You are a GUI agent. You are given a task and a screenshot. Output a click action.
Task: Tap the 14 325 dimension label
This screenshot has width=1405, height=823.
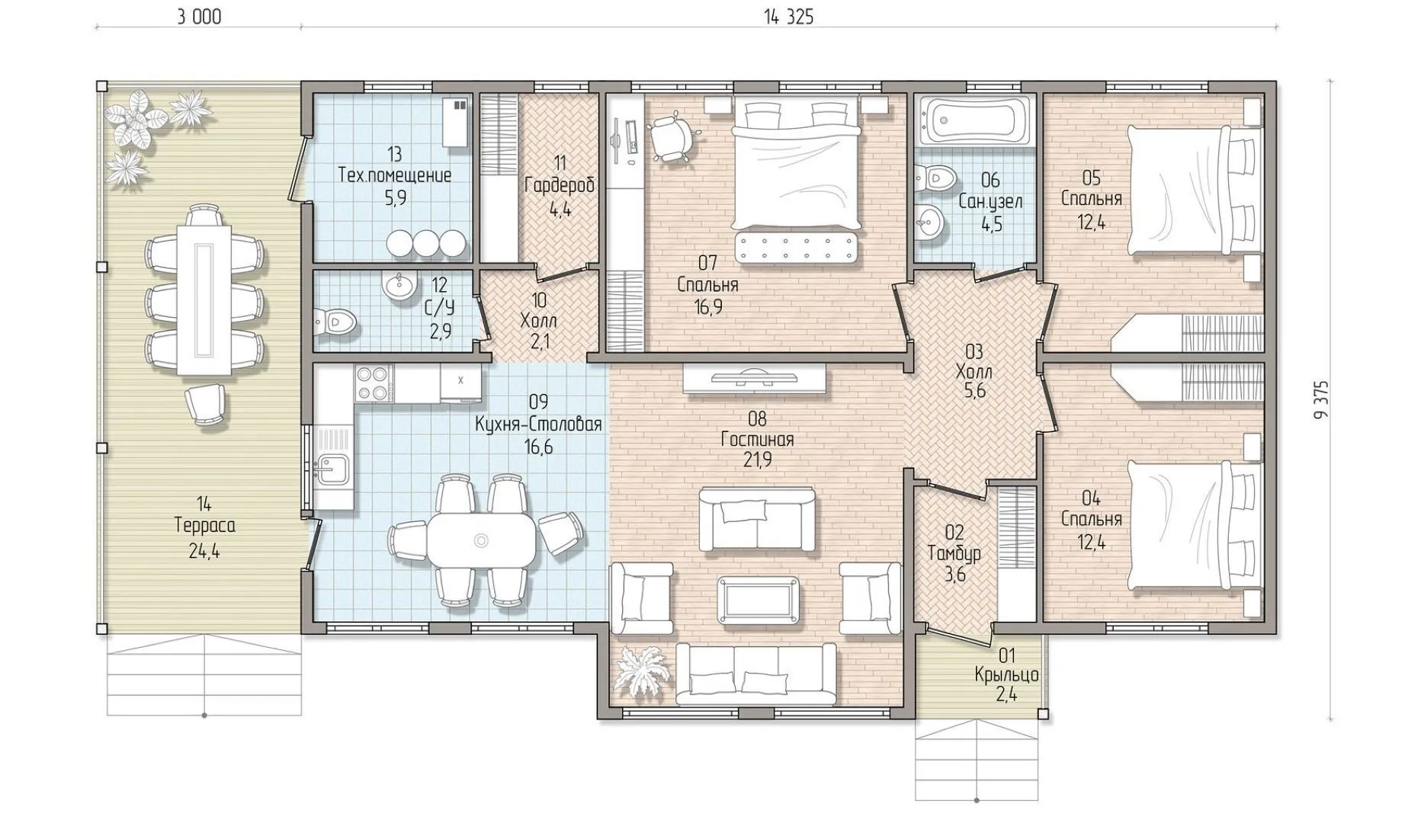pyautogui.click(x=789, y=17)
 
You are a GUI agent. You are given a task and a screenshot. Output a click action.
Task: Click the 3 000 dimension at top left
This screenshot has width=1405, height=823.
pyautogui.click(x=200, y=17)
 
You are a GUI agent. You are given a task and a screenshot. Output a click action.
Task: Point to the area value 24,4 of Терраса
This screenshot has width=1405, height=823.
pyautogui.click(x=204, y=550)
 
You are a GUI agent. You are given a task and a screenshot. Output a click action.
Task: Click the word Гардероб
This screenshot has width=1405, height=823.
pyautogui.click(x=560, y=185)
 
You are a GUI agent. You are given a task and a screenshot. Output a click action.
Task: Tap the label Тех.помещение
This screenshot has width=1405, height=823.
pyautogui.click(x=395, y=175)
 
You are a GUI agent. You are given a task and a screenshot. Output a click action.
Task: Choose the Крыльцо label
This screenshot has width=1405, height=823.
pyautogui.click(x=1006, y=675)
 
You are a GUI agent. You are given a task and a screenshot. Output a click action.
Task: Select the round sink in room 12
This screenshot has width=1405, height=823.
pyautogui.click(x=399, y=286)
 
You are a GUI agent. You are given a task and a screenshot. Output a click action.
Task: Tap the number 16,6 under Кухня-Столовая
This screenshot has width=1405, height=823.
pyautogui.click(x=538, y=447)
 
